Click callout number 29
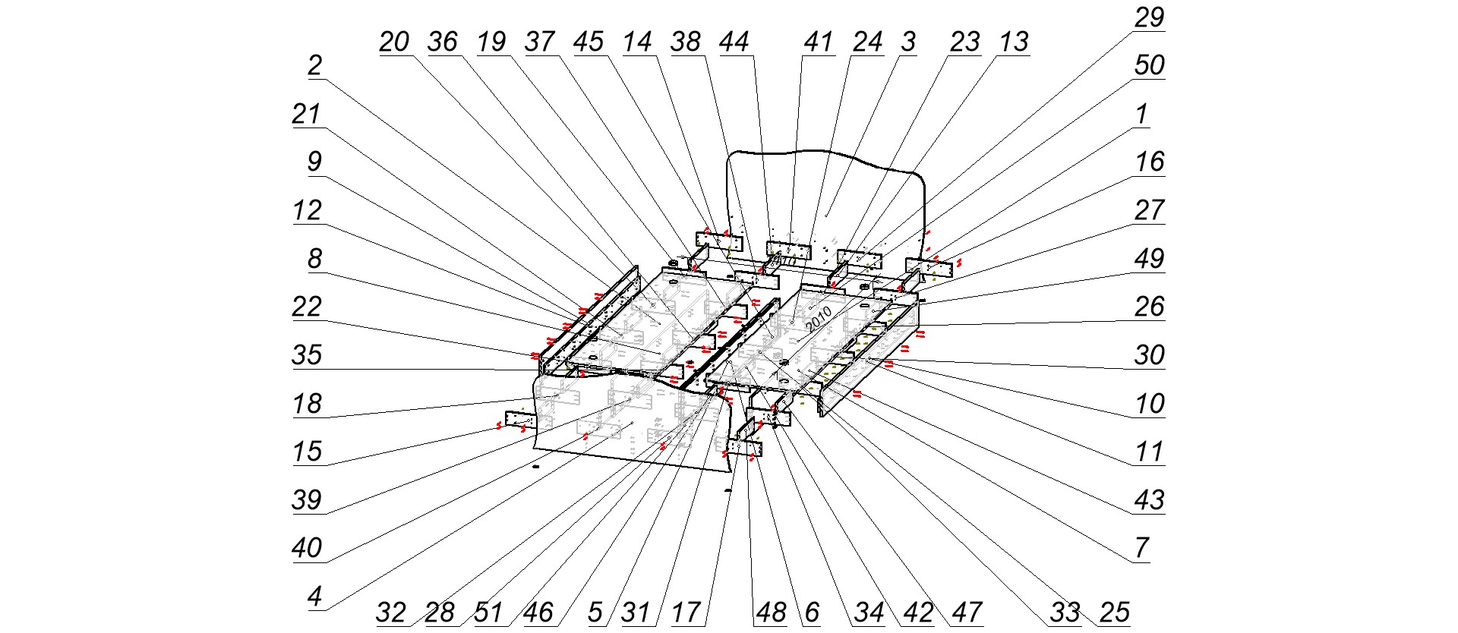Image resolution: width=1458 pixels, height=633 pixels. point(1149,17)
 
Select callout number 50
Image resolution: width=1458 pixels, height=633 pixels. point(1149,66)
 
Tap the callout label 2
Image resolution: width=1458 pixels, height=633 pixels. point(314,66)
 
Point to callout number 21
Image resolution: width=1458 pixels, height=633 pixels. point(307,115)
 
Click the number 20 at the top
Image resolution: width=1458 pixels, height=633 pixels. point(394,42)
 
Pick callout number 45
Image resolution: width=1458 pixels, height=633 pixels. point(589,42)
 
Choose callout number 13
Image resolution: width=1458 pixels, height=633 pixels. point(1014,42)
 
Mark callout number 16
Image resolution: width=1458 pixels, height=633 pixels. point(1149,162)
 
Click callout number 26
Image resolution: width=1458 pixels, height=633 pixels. point(1149,307)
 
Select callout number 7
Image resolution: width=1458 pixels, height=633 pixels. point(1141,548)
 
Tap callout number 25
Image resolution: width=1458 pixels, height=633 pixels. point(1114,613)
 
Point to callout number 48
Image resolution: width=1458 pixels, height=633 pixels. point(771,613)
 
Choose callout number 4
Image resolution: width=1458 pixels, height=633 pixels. point(314,597)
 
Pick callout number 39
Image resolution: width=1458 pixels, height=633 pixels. point(307,500)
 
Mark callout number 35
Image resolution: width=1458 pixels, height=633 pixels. point(307,355)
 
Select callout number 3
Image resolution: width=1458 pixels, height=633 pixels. point(909,42)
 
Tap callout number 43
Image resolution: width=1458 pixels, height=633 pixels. point(1149,500)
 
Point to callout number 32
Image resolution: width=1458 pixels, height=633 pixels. point(391,613)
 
